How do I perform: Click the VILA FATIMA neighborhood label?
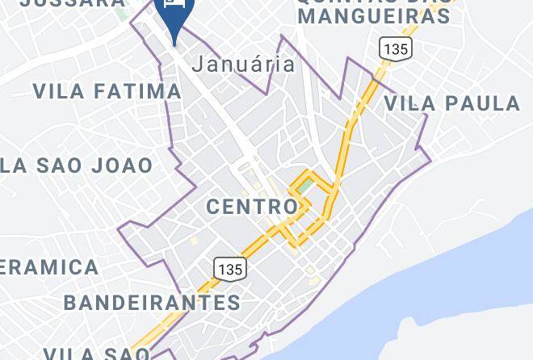(x=107, y=90)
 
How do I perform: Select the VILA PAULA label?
(x=451, y=103)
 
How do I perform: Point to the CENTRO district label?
(x=252, y=207)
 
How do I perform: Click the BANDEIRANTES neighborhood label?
(x=152, y=303)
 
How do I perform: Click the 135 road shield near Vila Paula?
(x=396, y=48)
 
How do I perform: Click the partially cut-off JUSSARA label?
(x=73, y=3)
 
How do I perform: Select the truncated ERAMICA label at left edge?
(x=48, y=266)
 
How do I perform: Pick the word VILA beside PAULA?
(x=411, y=103)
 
